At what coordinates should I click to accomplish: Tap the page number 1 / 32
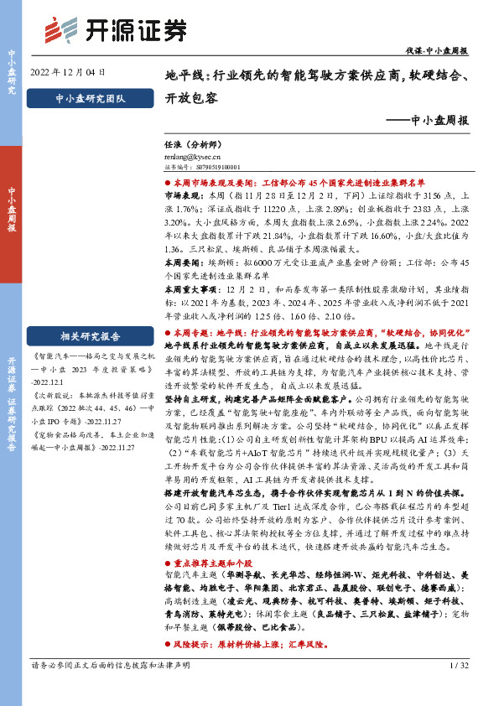point(458,689)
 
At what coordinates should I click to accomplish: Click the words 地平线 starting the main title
point(181,75)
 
